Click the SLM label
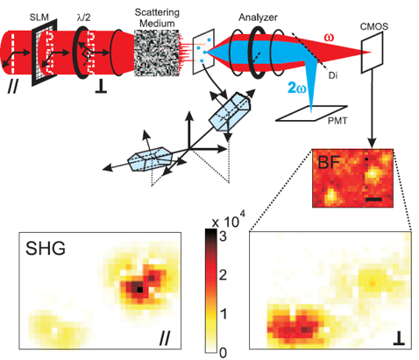click(39, 17)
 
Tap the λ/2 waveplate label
click(83, 18)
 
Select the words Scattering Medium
click(157, 18)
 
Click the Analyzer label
click(258, 18)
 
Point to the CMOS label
click(374, 26)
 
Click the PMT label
click(337, 120)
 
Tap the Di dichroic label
click(333, 75)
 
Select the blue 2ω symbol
click(296, 88)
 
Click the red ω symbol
click(329, 38)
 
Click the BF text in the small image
click(329, 162)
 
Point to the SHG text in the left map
click(46, 249)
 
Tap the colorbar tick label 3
click(223, 236)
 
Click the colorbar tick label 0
click(223, 353)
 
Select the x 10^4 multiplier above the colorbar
click(229, 220)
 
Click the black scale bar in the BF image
click(373, 200)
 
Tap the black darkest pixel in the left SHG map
click(140, 289)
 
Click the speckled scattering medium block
click(157, 53)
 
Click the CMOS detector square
click(372, 53)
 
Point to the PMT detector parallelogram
click(312, 113)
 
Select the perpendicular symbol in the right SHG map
click(399, 340)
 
